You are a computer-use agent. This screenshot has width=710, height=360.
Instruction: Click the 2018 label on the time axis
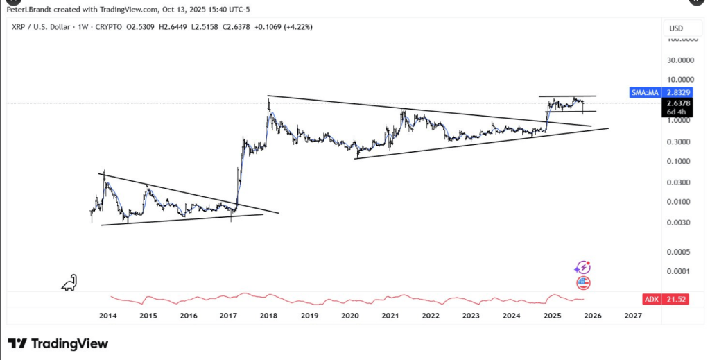point(269,316)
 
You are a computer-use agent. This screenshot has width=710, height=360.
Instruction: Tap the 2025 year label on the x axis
point(552,316)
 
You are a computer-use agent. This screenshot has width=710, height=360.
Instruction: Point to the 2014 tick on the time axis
point(107,316)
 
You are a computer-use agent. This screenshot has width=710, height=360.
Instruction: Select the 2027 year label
point(632,316)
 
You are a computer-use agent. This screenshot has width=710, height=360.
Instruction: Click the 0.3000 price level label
point(679,142)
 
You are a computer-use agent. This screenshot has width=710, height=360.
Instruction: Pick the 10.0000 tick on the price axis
point(679,79)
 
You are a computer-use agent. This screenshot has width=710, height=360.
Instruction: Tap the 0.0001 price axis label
point(679,271)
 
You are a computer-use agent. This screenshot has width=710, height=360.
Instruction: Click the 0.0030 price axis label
point(679,223)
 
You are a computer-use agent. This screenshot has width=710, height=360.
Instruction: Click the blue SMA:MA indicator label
point(643,92)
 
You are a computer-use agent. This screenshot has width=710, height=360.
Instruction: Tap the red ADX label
point(650,299)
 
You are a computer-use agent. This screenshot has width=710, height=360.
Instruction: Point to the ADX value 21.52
point(677,299)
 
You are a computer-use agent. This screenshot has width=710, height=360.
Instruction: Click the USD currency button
point(676,28)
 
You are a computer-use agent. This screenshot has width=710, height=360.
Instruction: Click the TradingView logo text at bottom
point(58,343)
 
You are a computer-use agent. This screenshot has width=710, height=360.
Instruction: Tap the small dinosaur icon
point(69,282)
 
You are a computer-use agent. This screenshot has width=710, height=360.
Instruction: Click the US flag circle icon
point(583,282)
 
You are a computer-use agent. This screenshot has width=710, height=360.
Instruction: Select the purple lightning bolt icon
point(583,268)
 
